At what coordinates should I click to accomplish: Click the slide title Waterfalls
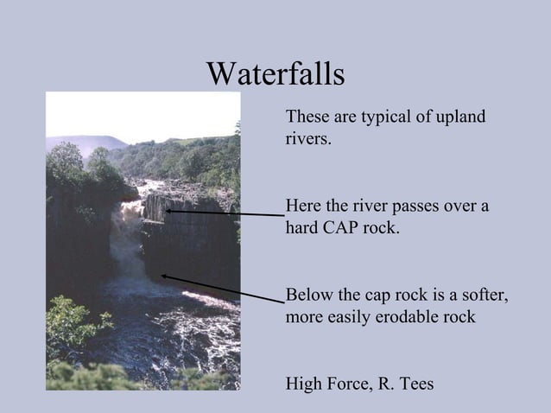point(275,73)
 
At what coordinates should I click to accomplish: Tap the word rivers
point(307,138)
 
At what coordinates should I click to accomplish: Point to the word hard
point(301,229)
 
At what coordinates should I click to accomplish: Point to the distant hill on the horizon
point(86,140)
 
